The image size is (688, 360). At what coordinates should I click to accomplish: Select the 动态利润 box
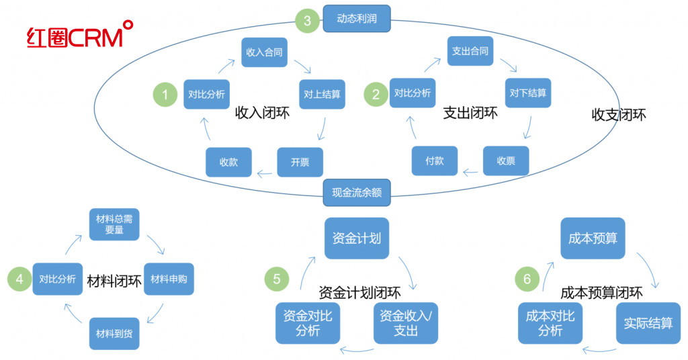pyautogui.click(x=357, y=19)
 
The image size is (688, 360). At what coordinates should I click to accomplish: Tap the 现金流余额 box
pyautogui.click(x=357, y=191)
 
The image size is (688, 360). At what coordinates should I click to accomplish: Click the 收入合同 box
pyautogui.click(x=265, y=52)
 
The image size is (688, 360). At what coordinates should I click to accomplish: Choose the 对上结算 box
pyautogui.click(x=322, y=94)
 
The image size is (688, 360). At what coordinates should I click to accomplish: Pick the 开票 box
pyautogui.click(x=300, y=163)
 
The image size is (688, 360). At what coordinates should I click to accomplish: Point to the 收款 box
pyautogui.click(x=228, y=163)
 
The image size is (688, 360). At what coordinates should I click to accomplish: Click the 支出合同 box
pyautogui.click(x=470, y=52)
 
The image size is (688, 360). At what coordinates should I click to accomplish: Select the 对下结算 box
pyautogui.click(x=527, y=93)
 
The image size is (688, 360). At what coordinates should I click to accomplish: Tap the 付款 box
pyautogui.click(x=434, y=161)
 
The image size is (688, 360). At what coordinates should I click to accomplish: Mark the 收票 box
pyautogui.click(x=506, y=161)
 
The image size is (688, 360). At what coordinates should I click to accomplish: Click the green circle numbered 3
pyautogui.click(x=307, y=20)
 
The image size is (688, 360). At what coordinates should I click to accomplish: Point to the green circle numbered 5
pyautogui.click(x=277, y=279)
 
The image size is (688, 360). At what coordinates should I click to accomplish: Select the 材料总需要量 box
pyautogui.click(x=114, y=224)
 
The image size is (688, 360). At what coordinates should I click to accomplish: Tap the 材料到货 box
pyautogui.click(x=114, y=332)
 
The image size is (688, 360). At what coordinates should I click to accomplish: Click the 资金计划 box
pyautogui.click(x=357, y=238)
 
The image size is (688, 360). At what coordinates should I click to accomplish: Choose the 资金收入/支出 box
pyautogui.click(x=406, y=323)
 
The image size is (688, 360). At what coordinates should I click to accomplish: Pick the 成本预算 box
pyautogui.click(x=593, y=238)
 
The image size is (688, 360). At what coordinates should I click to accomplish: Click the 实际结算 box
pyautogui.click(x=648, y=323)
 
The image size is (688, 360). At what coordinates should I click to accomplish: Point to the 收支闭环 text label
pyautogui.click(x=619, y=115)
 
